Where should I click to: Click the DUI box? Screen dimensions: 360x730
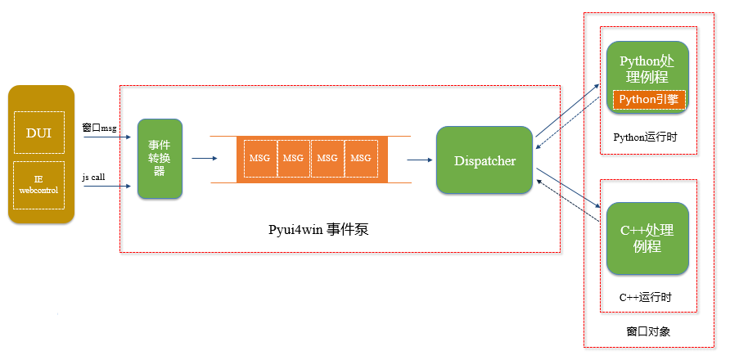click(x=39, y=132)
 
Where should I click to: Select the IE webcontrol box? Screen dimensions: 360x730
click(x=39, y=184)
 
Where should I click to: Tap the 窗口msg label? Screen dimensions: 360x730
click(x=100, y=128)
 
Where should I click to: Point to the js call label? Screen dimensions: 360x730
click(x=93, y=177)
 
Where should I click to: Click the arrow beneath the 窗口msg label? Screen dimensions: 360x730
click(x=106, y=137)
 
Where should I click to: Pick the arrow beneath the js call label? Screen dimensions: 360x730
click(x=106, y=186)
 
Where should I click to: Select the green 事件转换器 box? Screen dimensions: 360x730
click(x=160, y=159)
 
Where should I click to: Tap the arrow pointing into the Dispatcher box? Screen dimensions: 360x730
click(x=420, y=160)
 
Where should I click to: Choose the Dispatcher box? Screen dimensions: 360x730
click(x=484, y=160)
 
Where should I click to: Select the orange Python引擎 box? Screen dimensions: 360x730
click(x=649, y=100)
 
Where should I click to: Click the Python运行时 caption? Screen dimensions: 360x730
click(x=646, y=136)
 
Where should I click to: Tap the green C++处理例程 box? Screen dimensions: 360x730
click(x=647, y=238)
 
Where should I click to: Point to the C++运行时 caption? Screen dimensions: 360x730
click(x=647, y=296)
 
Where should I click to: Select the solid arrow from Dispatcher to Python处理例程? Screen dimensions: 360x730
click(x=566, y=109)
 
